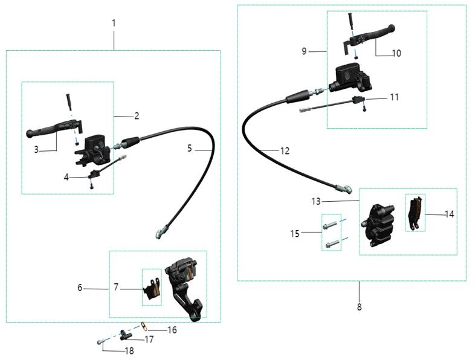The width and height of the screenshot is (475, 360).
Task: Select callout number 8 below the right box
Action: (x=359, y=307)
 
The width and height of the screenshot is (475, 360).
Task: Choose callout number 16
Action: (x=172, y=330)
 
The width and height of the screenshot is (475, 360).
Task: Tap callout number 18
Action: (x=129, y=350)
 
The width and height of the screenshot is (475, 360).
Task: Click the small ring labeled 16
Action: (x=144, y=326)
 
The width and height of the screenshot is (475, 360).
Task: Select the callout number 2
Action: (x=137, y=115)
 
